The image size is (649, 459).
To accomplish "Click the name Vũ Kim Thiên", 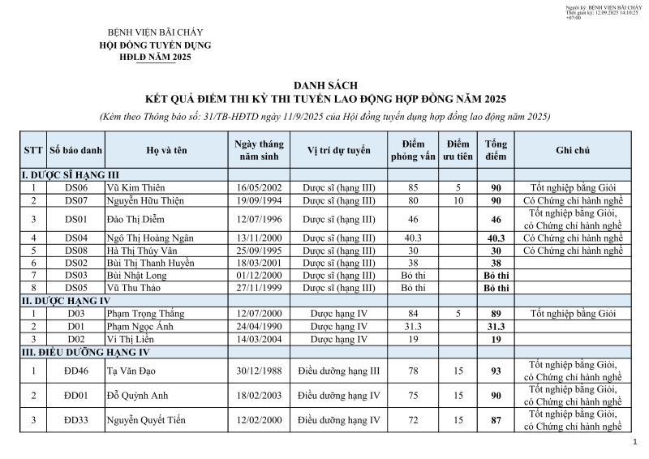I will tap(135, 187).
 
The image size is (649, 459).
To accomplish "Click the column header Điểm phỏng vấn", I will tap(413, 150).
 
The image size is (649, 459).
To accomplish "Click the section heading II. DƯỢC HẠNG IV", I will tap(64, 301).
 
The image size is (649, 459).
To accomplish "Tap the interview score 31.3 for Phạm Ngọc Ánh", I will tap(413, 326).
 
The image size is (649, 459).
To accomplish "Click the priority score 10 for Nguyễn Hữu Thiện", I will tap(458, 199).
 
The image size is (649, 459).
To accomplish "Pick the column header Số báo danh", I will tap(76, 150).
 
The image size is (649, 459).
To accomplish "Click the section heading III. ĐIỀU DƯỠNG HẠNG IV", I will tap(85, 352).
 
